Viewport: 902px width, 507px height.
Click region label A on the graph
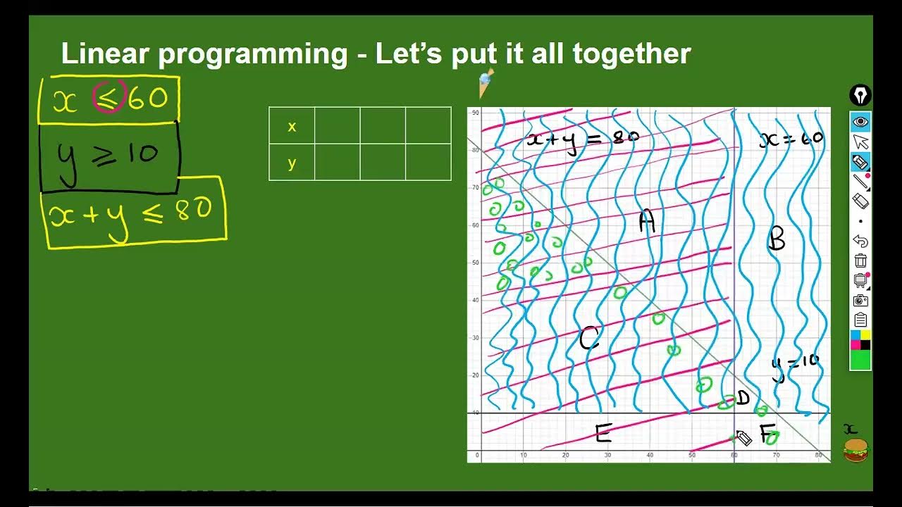coord(647,222)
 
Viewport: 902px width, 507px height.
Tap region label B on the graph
coord(777,240)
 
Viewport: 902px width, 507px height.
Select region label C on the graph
coord(589,339)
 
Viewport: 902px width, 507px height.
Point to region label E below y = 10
coord(603,434)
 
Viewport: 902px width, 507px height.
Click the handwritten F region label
coord(767,432)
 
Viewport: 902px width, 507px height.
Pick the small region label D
coord(742,399)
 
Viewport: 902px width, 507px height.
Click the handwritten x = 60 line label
coord(791,139)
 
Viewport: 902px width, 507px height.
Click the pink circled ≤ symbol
coord(109,98)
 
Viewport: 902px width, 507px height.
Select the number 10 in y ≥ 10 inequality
coord(143,153)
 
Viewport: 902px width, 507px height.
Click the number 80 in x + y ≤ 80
coord(192,210)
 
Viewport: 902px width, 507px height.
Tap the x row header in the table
coord(292,127)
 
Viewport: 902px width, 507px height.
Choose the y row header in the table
coord(292,163)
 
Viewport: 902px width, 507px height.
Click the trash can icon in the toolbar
coord(860,261)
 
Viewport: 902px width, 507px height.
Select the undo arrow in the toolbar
coord(860,241)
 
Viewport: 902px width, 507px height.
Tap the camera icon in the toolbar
coord(860,301)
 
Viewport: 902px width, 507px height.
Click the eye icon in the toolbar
coord(860,122)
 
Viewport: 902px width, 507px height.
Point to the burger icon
coord(855,450)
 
